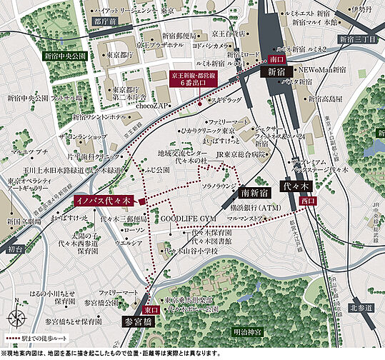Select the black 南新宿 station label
(x=256, y=192)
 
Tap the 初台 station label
(x=15, y=249)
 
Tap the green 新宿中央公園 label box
(x=65, y=54)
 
